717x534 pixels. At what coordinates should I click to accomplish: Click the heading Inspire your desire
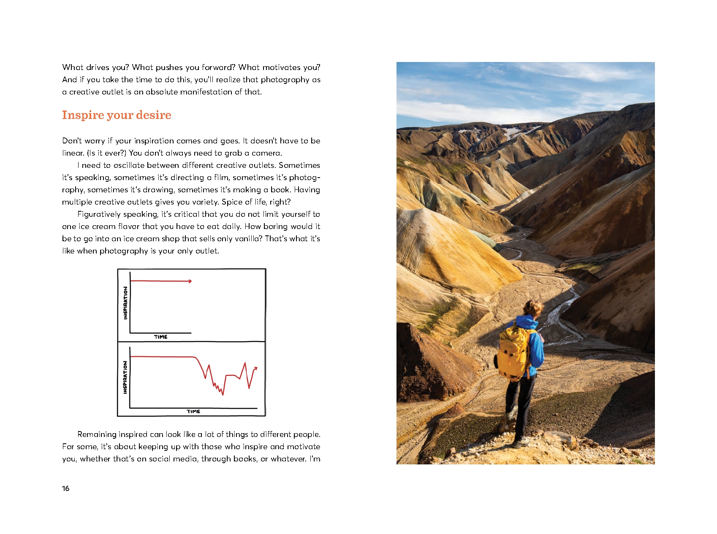[x=117, y=115]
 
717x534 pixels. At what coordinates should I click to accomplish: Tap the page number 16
[x=65, y=488]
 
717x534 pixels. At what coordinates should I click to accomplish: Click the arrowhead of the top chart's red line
[x=190, y=281]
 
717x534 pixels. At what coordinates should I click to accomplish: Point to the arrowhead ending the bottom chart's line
[x=255, y=369]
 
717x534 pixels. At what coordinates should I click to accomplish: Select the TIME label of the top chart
[x=160, y=337]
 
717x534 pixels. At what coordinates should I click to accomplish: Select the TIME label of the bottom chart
[x=193, y=411]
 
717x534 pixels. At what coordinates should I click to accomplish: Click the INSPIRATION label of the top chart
[x=125, y=303]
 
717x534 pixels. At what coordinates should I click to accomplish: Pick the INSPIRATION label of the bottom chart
[x=125, y=377]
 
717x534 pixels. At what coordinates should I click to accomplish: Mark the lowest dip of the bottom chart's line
[x=223, y=394]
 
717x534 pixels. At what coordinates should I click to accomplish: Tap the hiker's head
[x=534, y=309]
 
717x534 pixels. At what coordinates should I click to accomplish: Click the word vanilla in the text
[x=249, y=239]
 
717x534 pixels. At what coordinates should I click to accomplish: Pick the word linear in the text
[x=73, y=153]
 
